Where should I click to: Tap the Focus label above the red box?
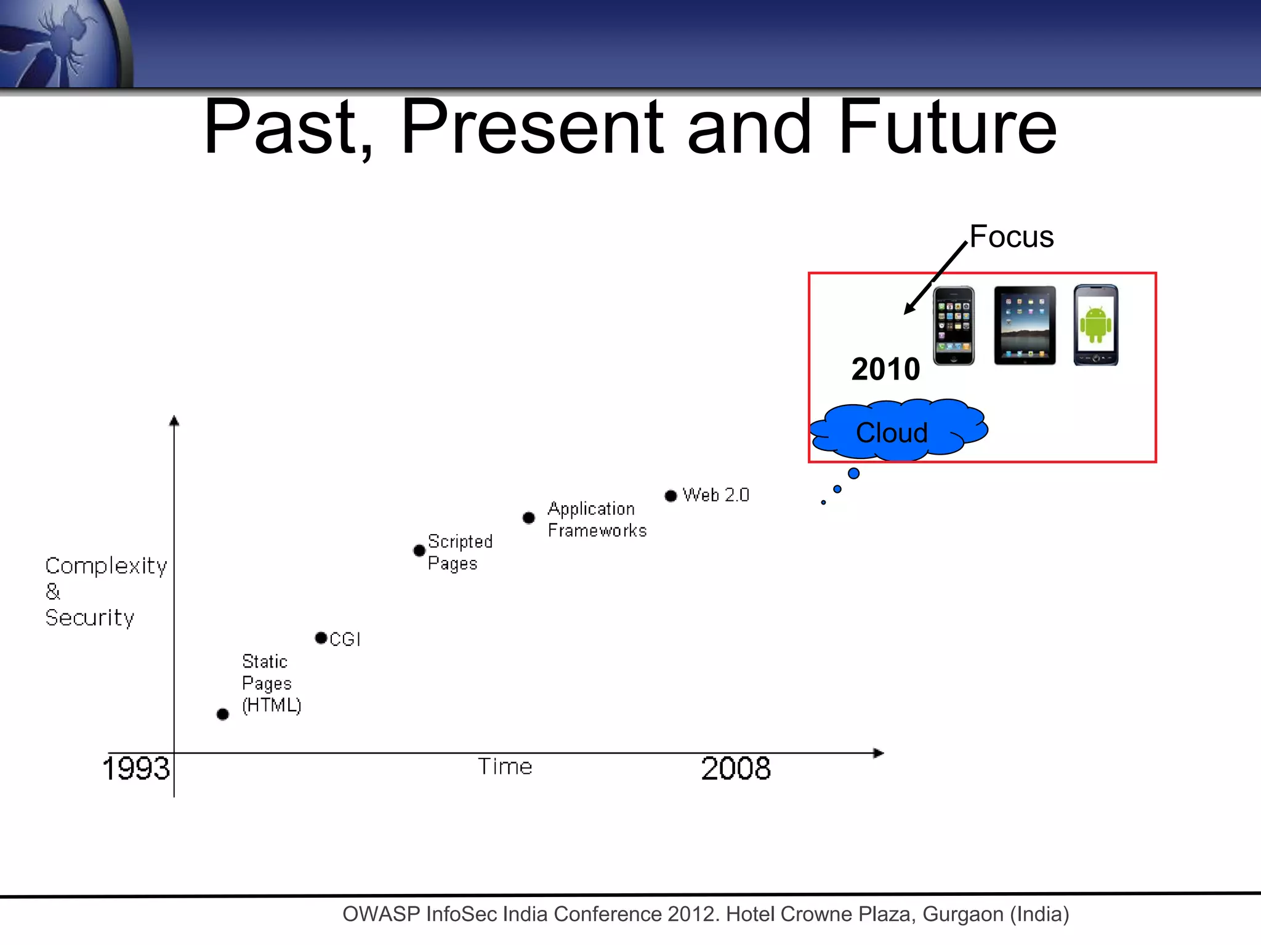click(1011, 237)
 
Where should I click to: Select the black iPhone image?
click(954, 325)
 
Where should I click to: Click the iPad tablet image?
click(1025, 325)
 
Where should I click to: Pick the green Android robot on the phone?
click(1095, 324)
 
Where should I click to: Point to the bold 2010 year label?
click(885, 369)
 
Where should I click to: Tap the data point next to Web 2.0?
click(671, 496)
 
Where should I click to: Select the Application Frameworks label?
click(597, 519)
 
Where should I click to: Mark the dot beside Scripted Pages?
click(419, 550)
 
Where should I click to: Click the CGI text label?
click(345, 639)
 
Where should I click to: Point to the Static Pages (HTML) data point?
click(223, 714)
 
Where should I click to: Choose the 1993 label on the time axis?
click(135, 768)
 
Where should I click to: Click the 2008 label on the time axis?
click(736, 768)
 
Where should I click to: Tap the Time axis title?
click(505, 767)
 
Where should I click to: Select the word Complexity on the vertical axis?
click(106, 565)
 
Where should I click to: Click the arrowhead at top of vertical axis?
click(174, 421)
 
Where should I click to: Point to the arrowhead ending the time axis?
click(879, 753)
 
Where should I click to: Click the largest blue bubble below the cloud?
click(853, 473)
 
